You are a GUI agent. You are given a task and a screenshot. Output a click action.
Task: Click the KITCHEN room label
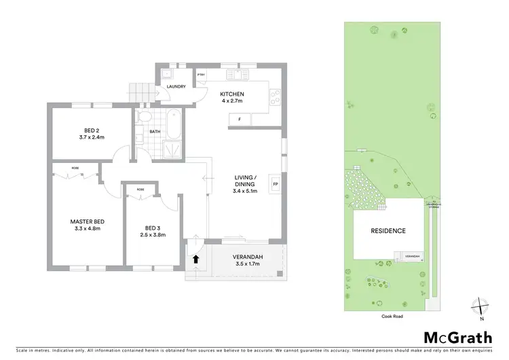pos(233,94)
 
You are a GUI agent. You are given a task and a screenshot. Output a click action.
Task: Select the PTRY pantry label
pos(202,74)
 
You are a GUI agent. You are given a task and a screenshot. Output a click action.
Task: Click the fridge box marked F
pos(239,120)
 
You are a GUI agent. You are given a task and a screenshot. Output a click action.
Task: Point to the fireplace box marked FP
pos(276,184)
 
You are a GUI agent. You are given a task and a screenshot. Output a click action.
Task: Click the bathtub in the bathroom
pos(172,122)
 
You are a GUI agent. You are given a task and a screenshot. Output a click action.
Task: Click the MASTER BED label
pos(86,221)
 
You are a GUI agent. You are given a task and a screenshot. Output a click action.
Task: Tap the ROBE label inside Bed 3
pos(140,190)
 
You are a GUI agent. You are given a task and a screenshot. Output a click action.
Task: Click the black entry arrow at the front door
pos(196,259)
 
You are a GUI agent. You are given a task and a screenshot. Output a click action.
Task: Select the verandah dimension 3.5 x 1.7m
pos(248,264)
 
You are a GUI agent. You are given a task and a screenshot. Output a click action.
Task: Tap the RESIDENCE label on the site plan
pos(388,231)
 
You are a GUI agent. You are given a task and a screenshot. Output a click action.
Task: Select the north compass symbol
pos(480,306)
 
